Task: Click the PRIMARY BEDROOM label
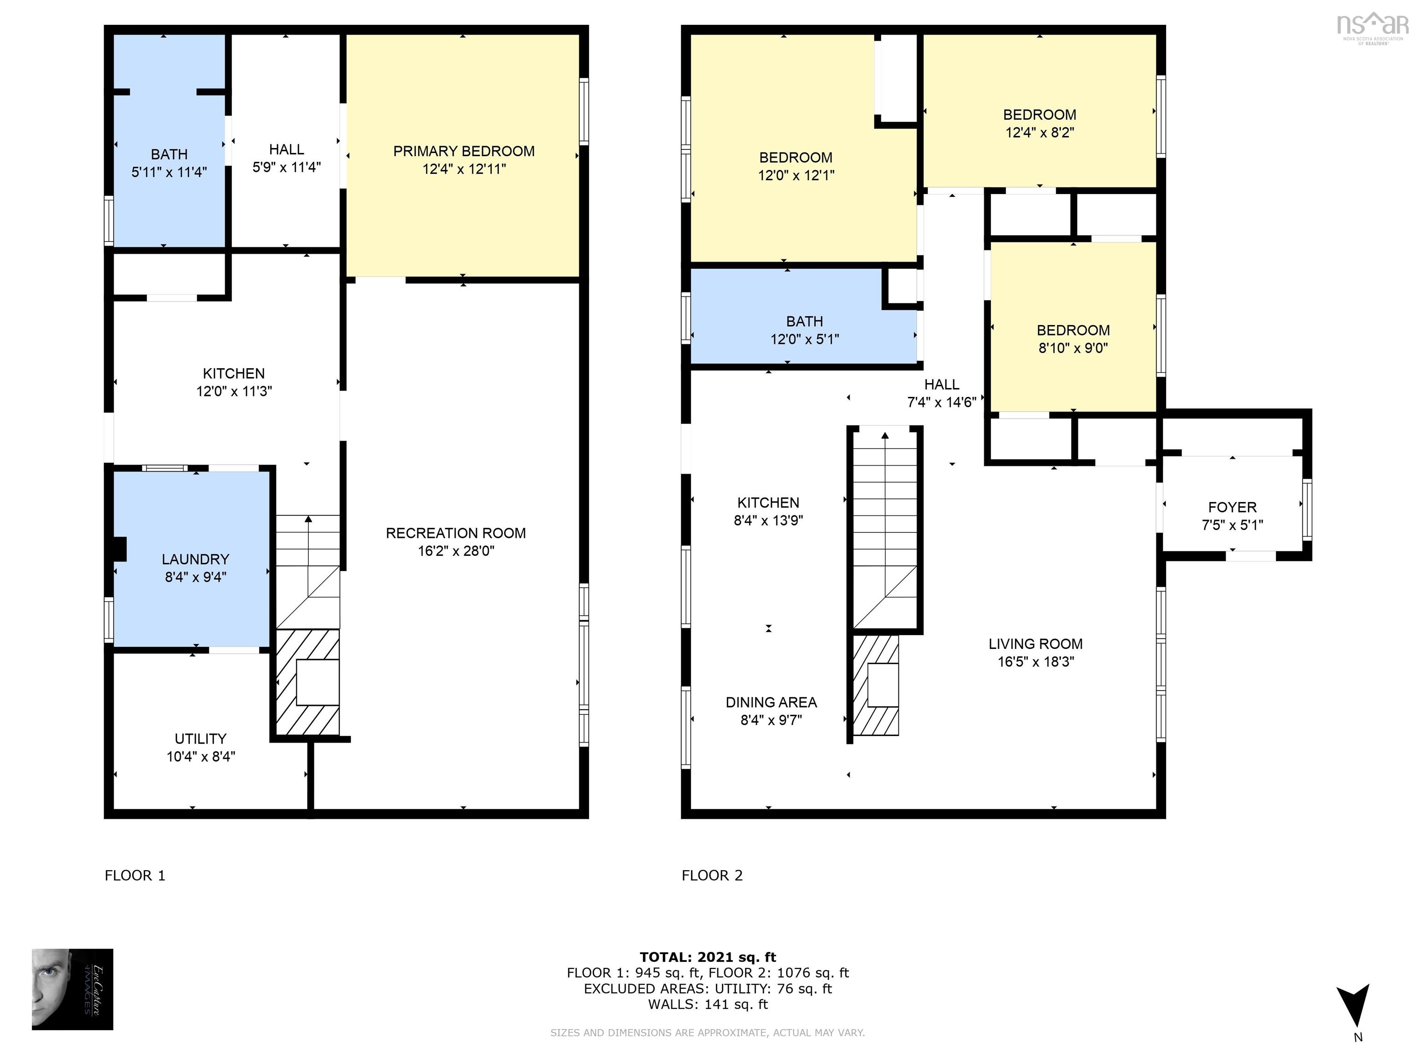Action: point(463,151)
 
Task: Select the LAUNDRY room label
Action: point(195,559)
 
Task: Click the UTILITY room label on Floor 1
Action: point(201,738)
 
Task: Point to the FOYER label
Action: point(1232,507)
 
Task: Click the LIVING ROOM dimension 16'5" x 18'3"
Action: point(1035,662)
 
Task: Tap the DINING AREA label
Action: point(771,702)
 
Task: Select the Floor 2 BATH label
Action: point(804,321)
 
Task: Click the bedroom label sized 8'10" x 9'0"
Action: point(1073,330)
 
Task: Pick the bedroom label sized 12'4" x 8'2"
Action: point(1039,115)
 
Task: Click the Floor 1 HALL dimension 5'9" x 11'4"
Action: point(286,167)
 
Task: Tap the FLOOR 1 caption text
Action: point(135,875)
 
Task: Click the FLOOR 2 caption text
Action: point(712,875)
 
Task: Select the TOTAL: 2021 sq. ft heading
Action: point(708,957)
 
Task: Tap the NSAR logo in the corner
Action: point(1372,26)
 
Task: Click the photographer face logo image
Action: point(72,989)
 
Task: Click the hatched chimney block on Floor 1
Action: point(307,682)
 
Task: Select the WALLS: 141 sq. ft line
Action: point(708,1004)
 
